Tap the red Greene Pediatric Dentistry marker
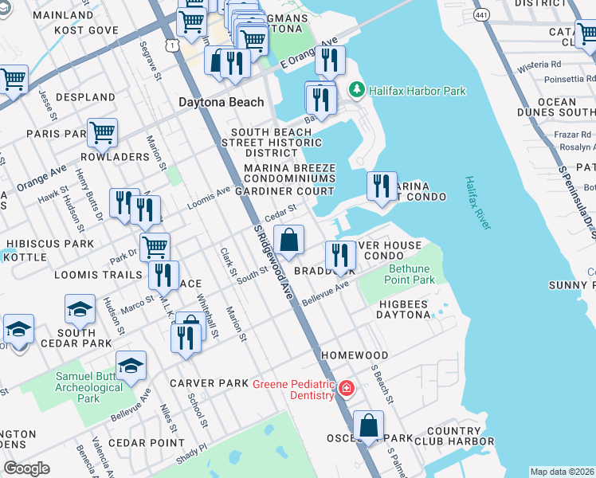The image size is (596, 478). click(x=346, y=389)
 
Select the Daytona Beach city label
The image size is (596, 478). click(x=221, y=103)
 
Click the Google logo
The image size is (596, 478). click(x=27, y=468)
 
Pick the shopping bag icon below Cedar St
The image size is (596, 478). click(x=288, y=239)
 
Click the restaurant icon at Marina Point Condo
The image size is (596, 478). click(x=382, y=186)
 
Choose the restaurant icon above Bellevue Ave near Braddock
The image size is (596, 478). click(x=340, y=255)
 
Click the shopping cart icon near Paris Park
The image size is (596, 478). click(x=102, y=132)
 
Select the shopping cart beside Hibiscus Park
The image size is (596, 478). click(x=155, y=246)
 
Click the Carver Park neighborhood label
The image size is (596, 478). click(x=210, y=383)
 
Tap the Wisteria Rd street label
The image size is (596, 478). click(x=539, y=64)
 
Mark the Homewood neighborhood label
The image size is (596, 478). click(x=355, y=355)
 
